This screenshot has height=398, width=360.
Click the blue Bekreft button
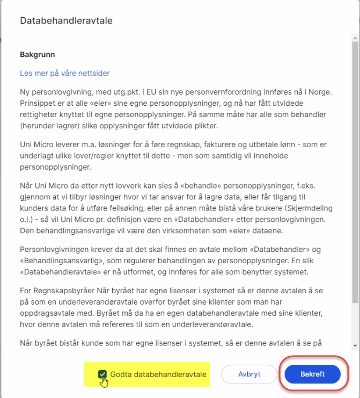pos(312,374)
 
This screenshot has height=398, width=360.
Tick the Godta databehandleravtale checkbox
pos(102,374)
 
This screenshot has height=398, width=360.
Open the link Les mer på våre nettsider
pos(65,73)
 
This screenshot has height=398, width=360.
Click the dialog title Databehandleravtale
pos(66,20)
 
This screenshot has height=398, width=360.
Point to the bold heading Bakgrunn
pos(38,54)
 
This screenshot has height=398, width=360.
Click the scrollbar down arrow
pos(355,345)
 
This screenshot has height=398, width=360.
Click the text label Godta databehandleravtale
pos(158,374)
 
